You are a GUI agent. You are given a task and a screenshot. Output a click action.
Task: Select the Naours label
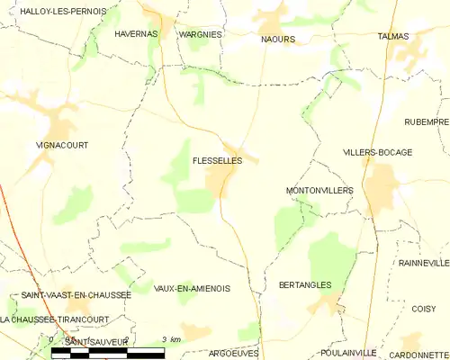[x=278, y=40]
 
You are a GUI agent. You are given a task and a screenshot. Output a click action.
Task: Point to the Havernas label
[x=136, y=33]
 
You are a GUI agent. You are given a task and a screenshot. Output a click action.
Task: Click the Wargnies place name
[x=200, y=33]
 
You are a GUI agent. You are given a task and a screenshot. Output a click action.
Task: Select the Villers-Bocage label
[x=377, y=152]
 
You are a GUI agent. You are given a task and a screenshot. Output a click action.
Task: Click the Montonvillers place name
[x=319, y=191]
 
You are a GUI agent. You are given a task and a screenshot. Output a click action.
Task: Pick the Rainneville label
[x=424, y=263]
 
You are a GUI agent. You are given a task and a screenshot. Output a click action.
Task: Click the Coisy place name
[x=423, y=309]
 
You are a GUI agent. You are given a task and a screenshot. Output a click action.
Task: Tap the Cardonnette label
[x=419, y=354]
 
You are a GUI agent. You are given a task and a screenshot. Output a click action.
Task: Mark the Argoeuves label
[x=232, y=354]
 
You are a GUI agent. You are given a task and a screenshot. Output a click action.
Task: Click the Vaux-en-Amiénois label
[x=192, y=288]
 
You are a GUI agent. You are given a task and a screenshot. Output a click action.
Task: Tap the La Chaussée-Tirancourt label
[x=55, y=319]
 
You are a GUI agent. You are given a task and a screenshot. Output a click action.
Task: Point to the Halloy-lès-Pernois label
[x=54, y=11]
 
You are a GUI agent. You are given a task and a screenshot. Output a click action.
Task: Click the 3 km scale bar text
[x=171, y=339]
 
